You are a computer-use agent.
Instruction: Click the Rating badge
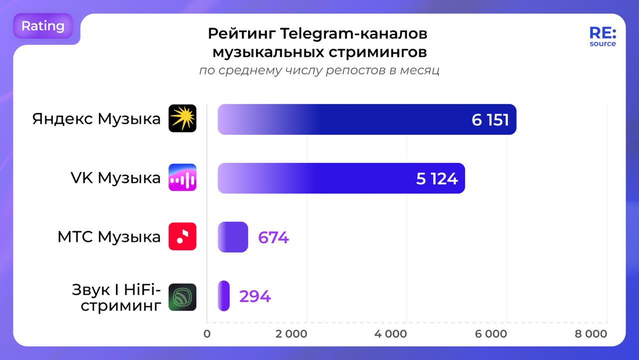pos(43,26)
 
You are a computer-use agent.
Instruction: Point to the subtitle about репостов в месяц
pos(319,70)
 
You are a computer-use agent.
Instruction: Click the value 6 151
pos(490,120)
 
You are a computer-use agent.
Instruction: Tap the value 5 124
pos(437,178)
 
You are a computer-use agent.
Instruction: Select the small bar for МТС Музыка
pos(233,237)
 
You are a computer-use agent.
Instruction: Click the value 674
pos(273,237)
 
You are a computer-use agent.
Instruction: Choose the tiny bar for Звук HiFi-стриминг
pos(224,296)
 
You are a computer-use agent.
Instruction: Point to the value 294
pos(255,297)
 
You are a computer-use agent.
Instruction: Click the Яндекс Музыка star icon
pos(182,118)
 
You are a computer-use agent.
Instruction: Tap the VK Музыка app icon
pos(182,177)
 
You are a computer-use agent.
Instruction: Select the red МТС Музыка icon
pos(182,236)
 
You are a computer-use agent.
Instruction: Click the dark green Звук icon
pos(182,297)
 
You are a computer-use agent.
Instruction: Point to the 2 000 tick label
pos(291,334)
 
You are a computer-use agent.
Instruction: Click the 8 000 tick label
pos(591,334)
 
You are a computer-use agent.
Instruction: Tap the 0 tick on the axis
pos(207,334)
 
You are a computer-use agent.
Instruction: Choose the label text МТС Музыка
pos(109,237)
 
